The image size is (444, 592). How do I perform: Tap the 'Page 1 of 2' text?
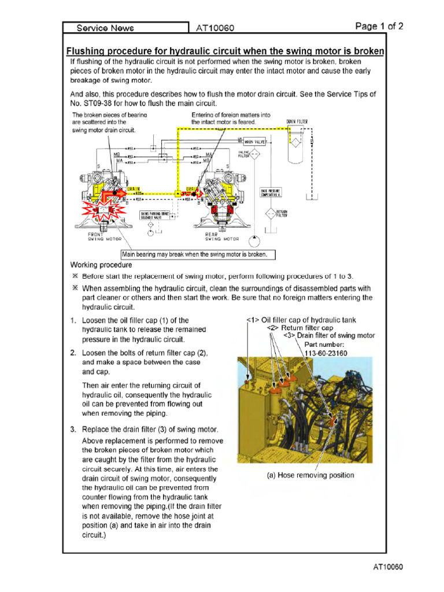[379, 26]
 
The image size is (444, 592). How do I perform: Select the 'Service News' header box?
[106, 28]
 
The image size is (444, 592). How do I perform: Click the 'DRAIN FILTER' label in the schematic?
[297, 122]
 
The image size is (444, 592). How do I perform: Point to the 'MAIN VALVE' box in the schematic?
[255, 142]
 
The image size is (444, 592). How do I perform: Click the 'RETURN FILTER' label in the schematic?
[282, 214]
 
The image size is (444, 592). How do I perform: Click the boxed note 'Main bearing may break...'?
[198, 254]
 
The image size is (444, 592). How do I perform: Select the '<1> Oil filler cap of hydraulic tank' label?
[301, 320]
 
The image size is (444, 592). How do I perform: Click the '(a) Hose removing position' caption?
[310, 475]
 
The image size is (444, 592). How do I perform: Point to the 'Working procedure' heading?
[101, 265]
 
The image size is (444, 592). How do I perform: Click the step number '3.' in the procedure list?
[73, 430]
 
